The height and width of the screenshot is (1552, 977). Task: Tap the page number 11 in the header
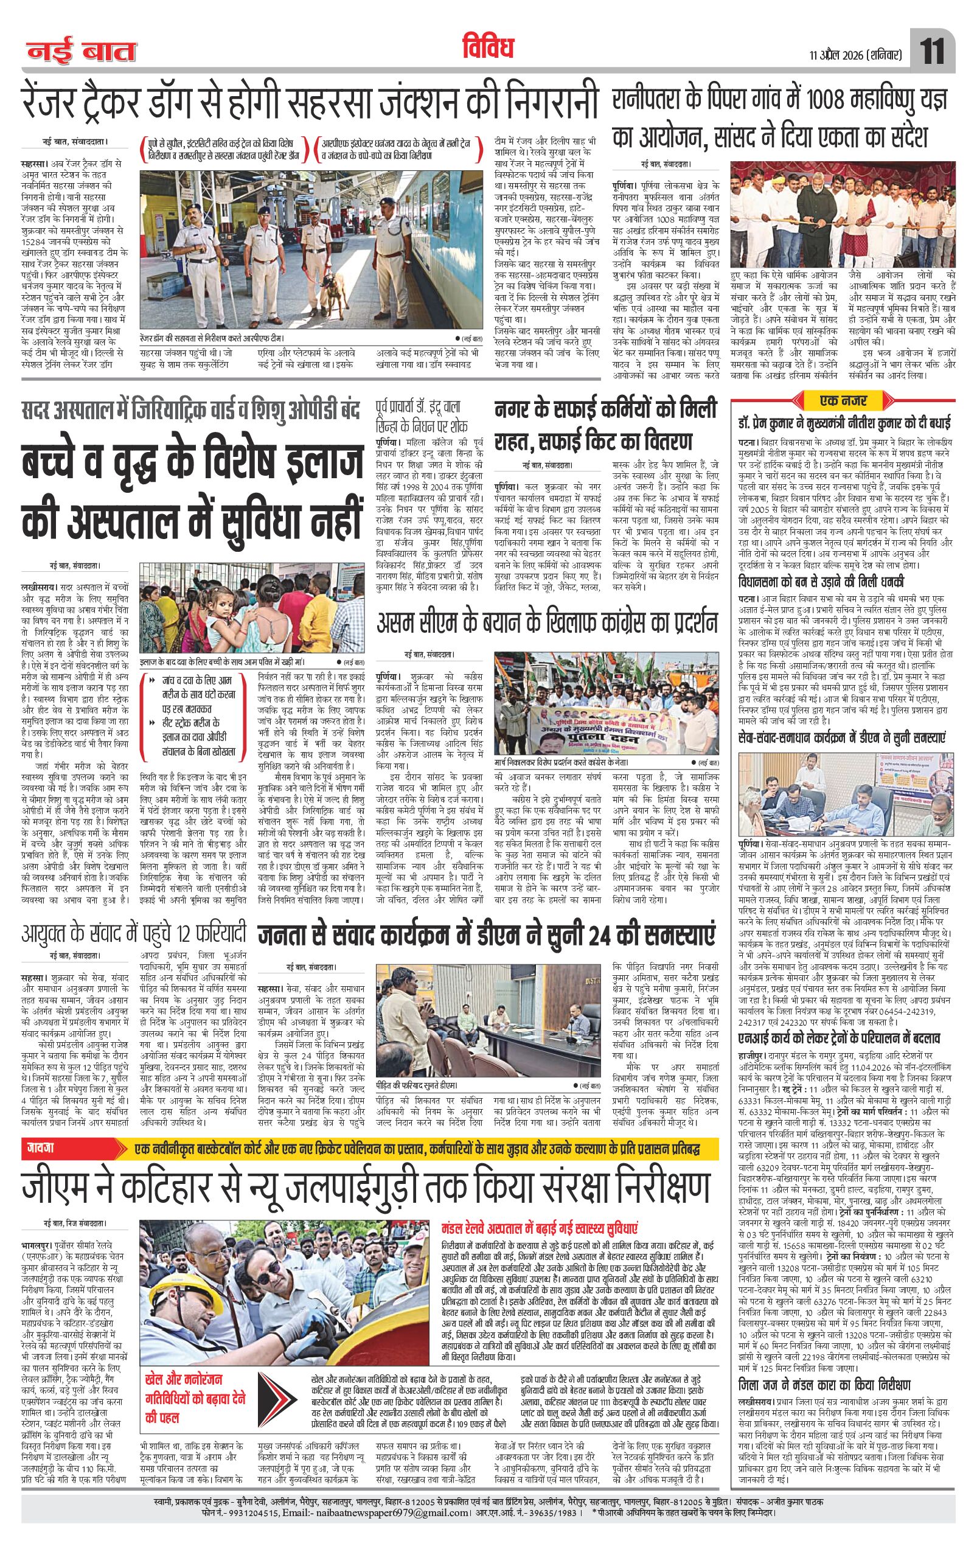(932, 51)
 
